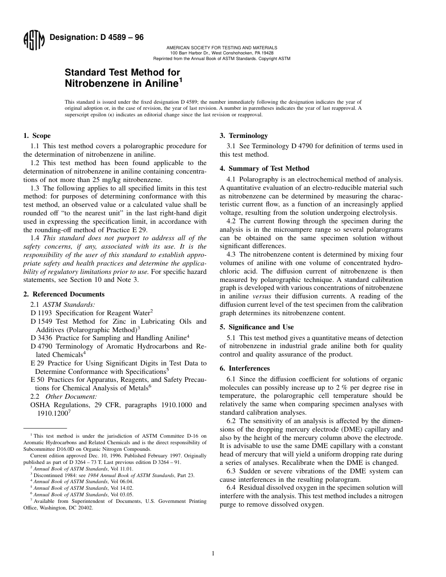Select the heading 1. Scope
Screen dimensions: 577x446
[37, 136]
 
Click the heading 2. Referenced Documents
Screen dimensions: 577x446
[64, 294]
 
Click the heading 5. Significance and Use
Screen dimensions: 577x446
[257, 327]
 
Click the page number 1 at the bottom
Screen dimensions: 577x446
[213, 554]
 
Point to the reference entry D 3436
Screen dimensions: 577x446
[42, 338]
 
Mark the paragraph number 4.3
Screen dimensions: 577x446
[231, 255]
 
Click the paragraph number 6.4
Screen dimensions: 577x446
[231, 487]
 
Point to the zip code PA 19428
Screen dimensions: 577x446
[261, 53]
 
